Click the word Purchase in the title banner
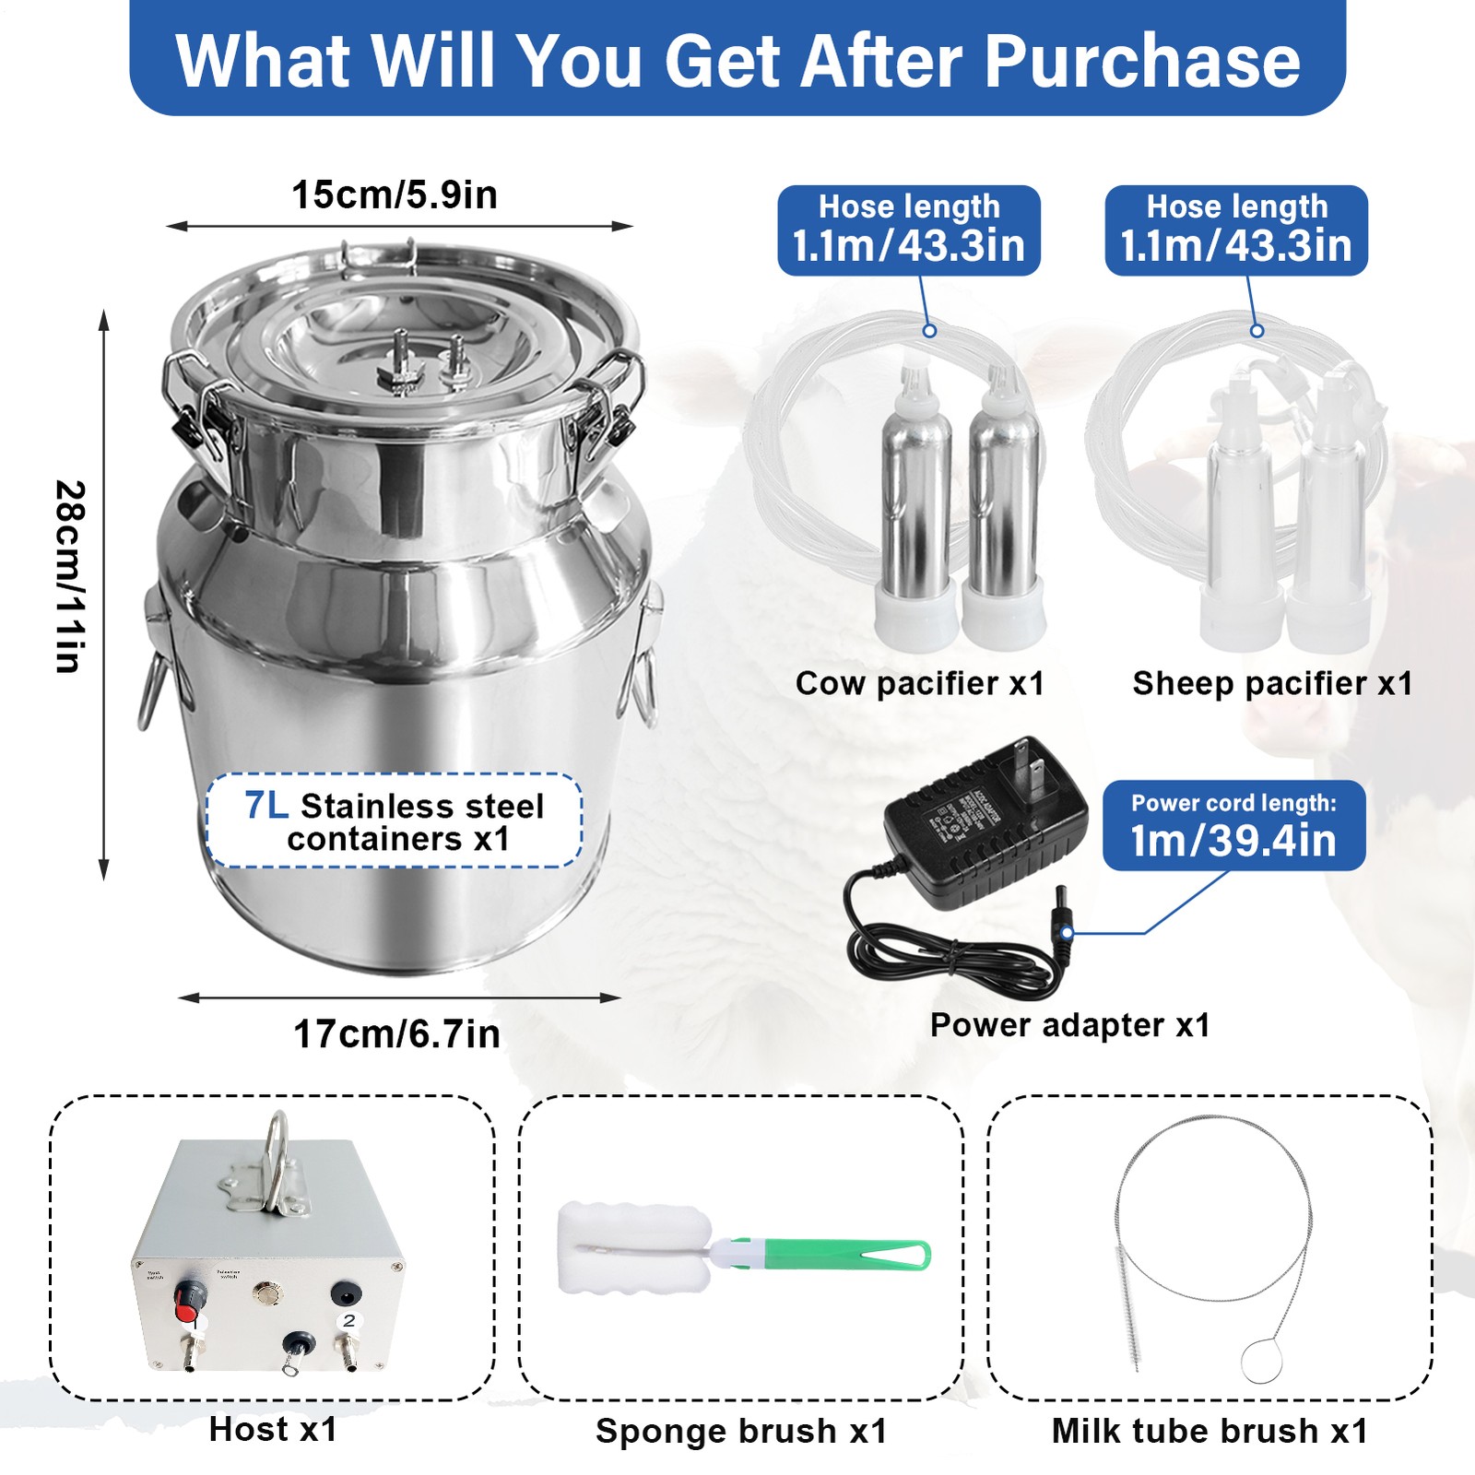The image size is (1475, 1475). pyautogui.click(x=1143, y=61)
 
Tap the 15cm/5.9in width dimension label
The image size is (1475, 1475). pyautogui.click(x=395, y=195)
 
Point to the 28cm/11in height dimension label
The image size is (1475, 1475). pyautogui.click(x=70, y=577)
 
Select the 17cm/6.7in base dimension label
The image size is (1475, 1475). pyautogui.click(x=396, y=1034)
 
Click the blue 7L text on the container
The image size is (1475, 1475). pyautogui.click(x=266, y=806)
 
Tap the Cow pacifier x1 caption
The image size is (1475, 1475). pyautogui.click(x=920, y=684)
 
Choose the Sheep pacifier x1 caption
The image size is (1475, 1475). pyautogui.click(x=1272, y=684)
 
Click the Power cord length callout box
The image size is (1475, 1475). pyautogui.click(x=1233, y=825)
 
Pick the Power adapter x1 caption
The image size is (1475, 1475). pyautogui.click(x=1069, y=1025)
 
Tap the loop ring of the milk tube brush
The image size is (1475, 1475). pyautogui.click(x=1261, y=1361)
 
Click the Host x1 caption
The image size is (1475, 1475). pyautogui.click(x=273, y=1430)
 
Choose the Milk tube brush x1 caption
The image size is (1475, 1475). pyautogui.click(x=1209, y=1432)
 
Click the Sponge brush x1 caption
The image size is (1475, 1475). pyautogui.click(x=741, y=1432)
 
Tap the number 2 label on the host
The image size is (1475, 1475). pyautogui.click(x=348, y=1321)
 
